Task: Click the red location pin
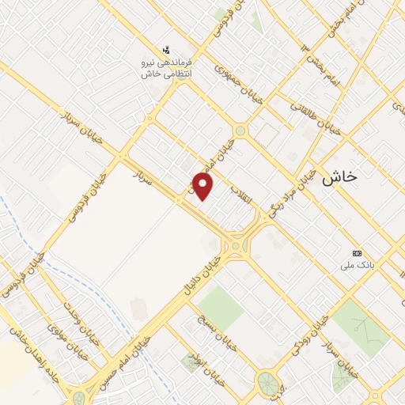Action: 204,187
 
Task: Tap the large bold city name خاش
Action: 339,178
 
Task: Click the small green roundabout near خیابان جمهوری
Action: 240,131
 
